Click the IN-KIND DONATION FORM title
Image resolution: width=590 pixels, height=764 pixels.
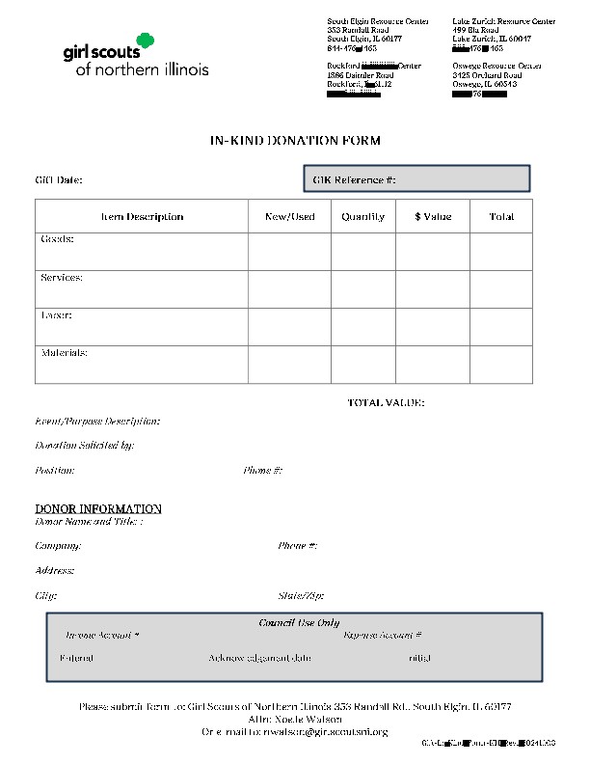(x=295, y=141)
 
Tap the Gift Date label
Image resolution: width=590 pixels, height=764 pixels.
(x=59, y=180)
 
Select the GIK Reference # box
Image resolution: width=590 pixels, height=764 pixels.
(x=416, y=179)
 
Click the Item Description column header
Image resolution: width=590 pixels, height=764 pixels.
(x=142, y=217)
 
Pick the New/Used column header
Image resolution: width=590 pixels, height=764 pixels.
(x=289, y=217)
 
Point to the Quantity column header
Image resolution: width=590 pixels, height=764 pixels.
(x=362, y=217)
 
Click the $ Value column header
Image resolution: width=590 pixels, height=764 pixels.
(x=433, y=217)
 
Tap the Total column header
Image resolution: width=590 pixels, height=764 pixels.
(x=501, y=217)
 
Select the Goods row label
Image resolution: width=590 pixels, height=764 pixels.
(x=57, y=239)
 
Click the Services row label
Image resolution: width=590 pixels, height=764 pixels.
(x=62, y=278)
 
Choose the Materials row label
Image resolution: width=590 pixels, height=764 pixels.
(x=65, y=353)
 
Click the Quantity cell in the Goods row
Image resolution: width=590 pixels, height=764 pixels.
(x=362, y=252)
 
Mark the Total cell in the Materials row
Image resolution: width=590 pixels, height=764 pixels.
(x=501, y=365)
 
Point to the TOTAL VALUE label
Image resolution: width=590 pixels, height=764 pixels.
(x=386, y=403)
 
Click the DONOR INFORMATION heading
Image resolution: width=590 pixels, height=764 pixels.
(x=98, y=508)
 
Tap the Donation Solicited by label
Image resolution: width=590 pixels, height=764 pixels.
(x=85, y=446)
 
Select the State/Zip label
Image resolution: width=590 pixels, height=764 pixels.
(x=301, y=596)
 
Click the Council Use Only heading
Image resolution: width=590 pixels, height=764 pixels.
(x=299, y=623)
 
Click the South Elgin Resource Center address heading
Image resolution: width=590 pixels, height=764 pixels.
(x=378, y=21)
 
